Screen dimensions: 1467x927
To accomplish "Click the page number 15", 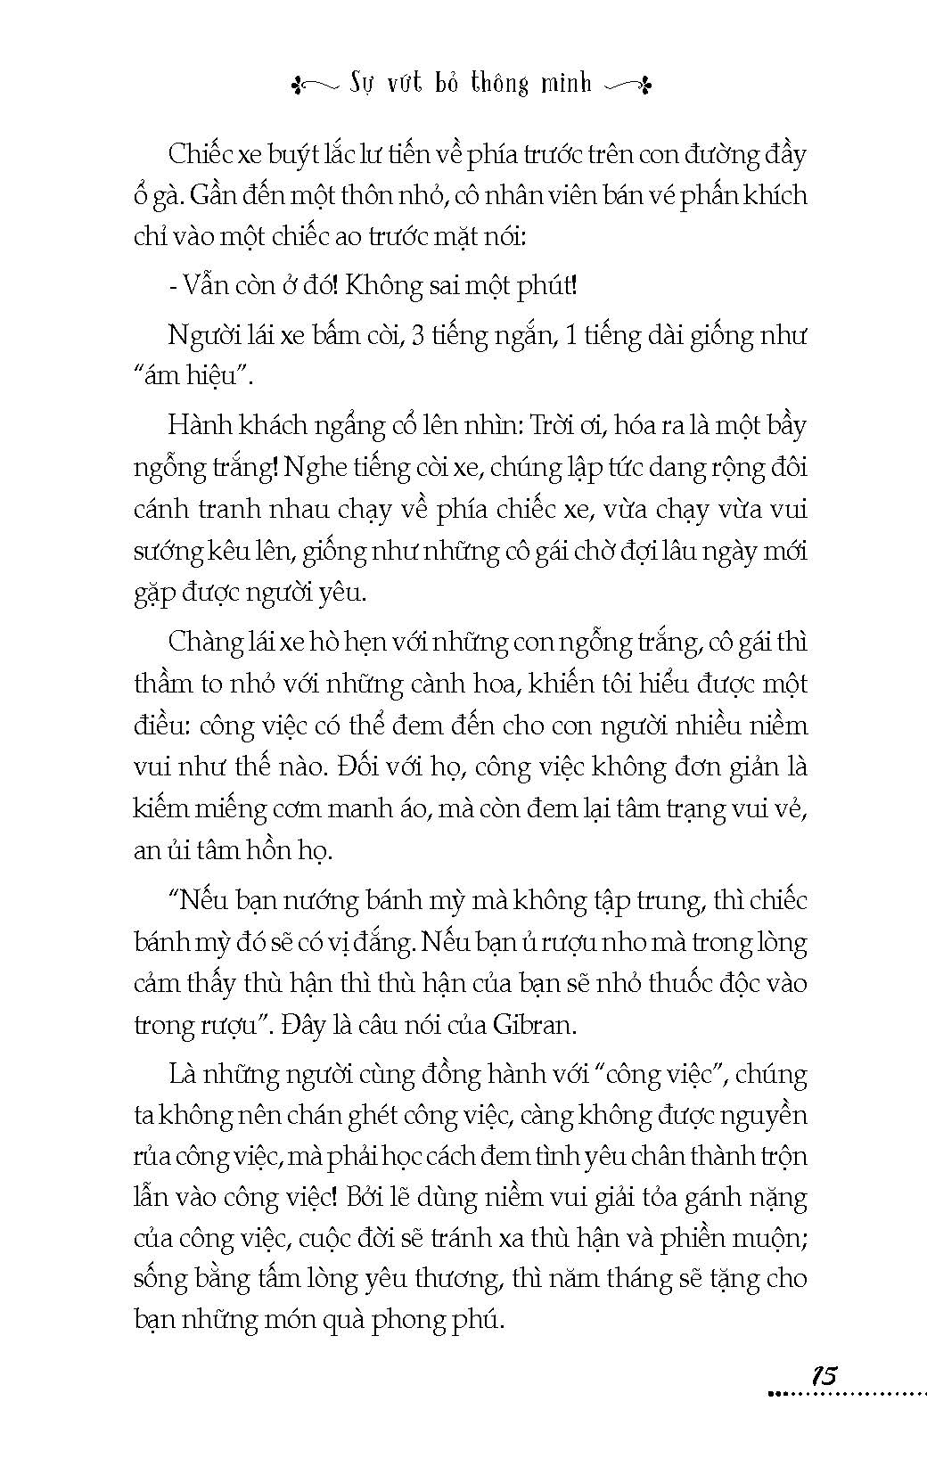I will tap(824, 1374).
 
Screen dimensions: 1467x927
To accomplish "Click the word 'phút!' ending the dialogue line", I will tap(546, 286).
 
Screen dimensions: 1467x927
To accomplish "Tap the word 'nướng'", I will tap(321, 900).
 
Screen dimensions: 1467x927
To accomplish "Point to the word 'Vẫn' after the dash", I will tap(204, 286).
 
